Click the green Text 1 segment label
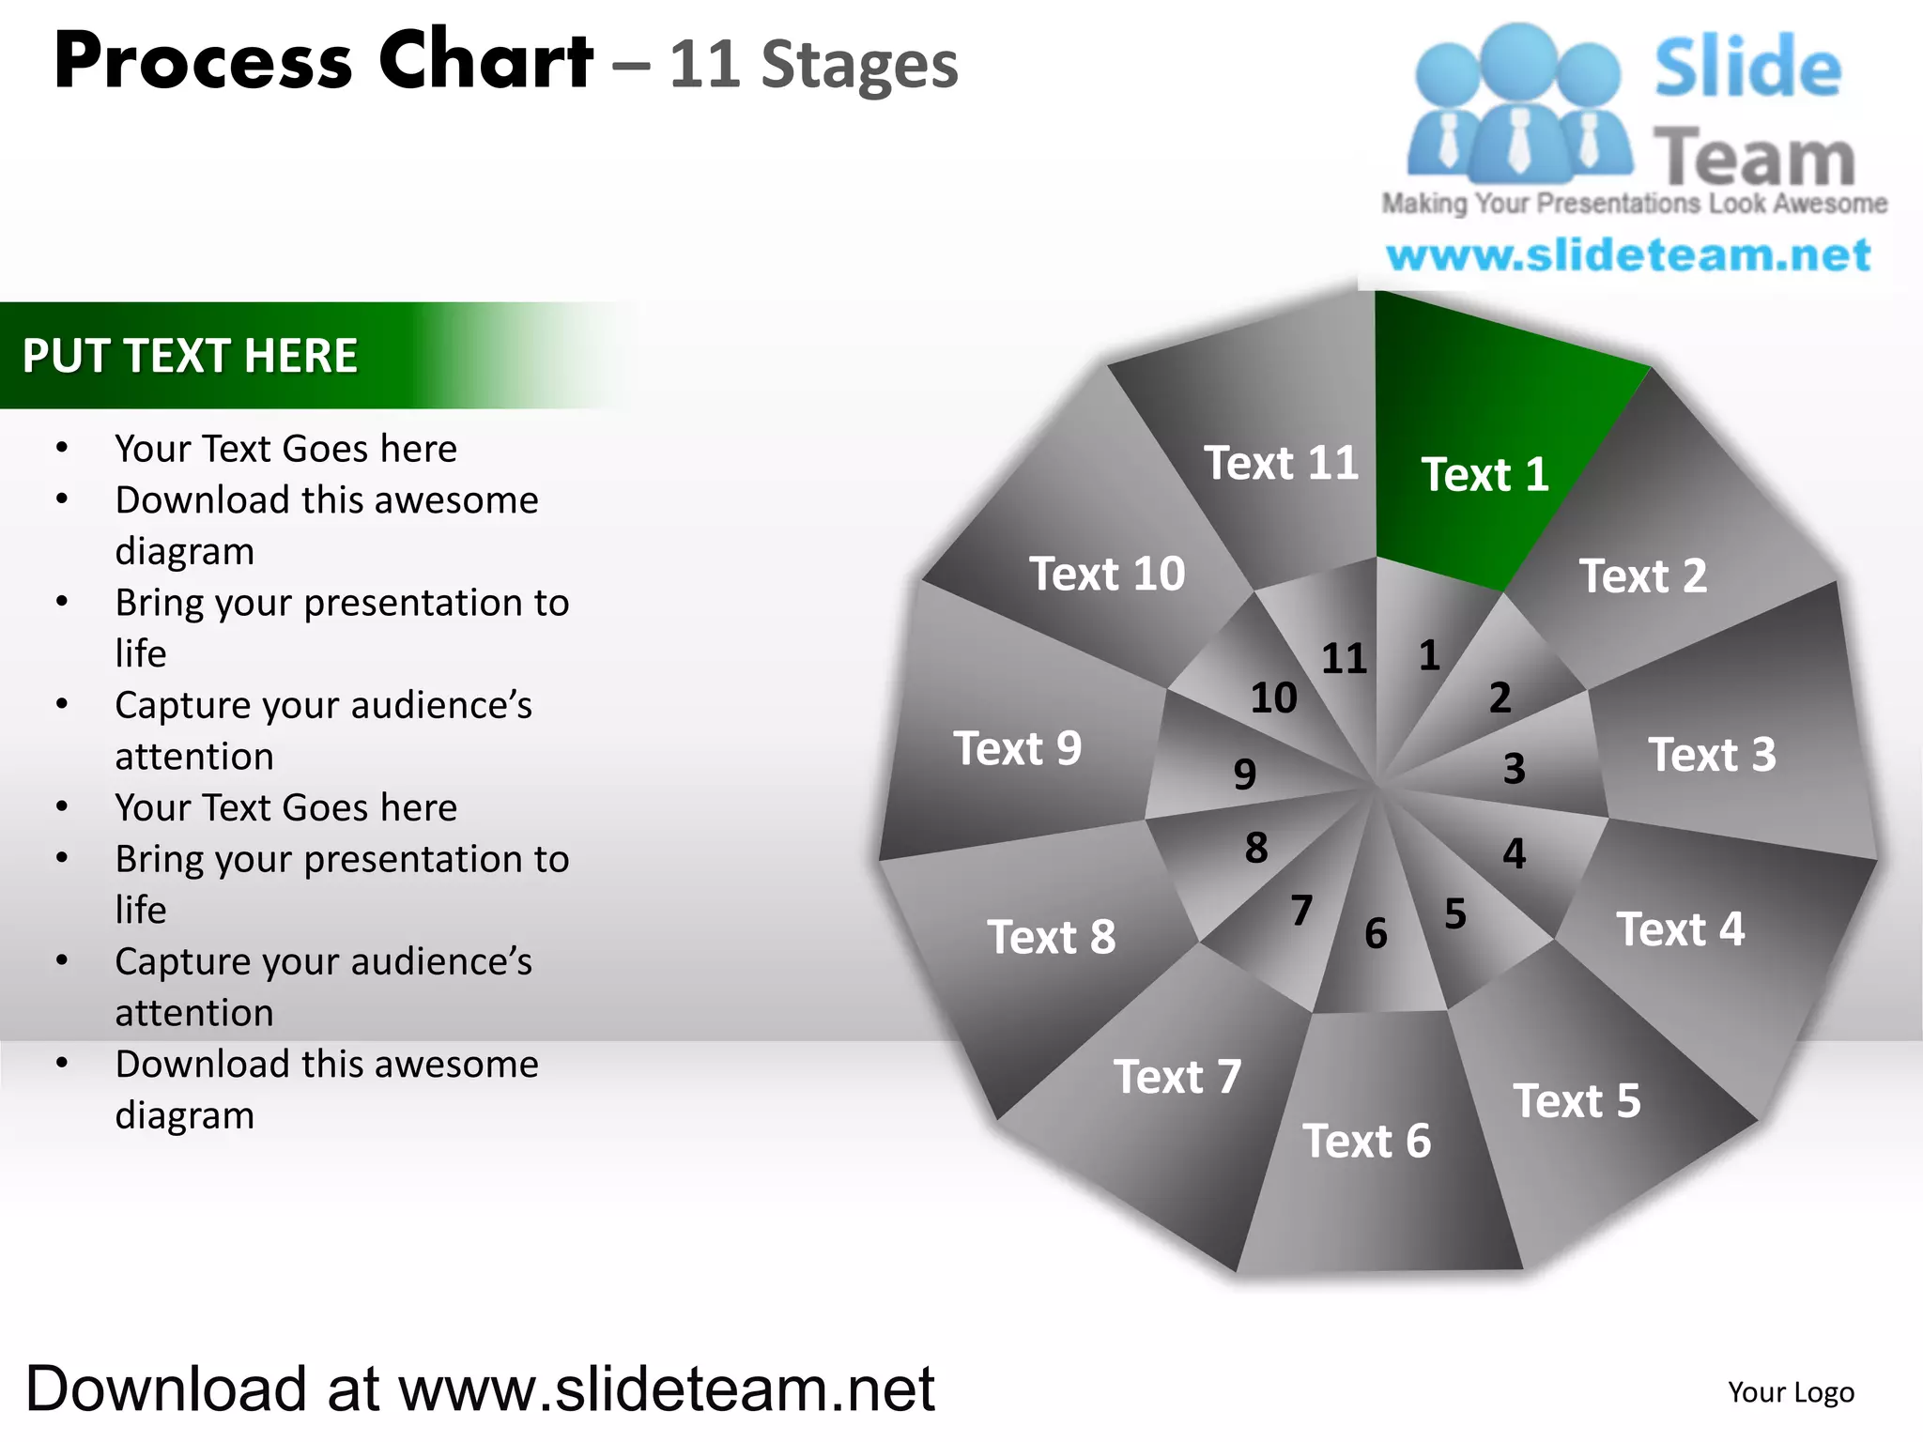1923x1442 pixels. pyautogui.click(x=1485, y=474)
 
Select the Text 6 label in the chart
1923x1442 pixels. pyautogui.click(x=1366, y=1141)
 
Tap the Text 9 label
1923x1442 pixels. pyautogui.click(x=1018, y=748)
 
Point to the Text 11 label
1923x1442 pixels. pyautogui.click(x=1281, y=463)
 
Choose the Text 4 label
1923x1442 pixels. pyautogui.click(x=1680, y=929)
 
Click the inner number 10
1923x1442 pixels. pyautogui.click(x=1273, y=698)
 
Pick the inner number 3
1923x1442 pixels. pyautogui.click(x=1514, y=769)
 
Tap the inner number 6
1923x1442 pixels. pyautogui.click(x=1376, y=933)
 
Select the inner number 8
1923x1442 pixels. pyautogui.click(x=1256, y=848)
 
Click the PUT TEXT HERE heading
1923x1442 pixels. pyautogui.click(x=190, y=356)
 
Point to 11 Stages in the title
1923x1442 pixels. pyautogui.click(x=813, y=65)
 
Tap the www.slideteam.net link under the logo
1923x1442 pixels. pyautogui.click(x=1628, y=255)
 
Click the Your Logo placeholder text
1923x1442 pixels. pyautogui.click(x=1791, y=1392)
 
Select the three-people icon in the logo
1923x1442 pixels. pyautogui.click(x=1518, y=105)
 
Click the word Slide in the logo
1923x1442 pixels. pyautogui.click(x=1747, y=68)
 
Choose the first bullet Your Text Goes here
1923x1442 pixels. pyautogui.click(x=285, y=449)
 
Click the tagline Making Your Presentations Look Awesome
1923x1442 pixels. pyautogui.click(x=1634, y=203)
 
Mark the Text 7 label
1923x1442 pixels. pyautogui.click(x=1177, y=1076)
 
